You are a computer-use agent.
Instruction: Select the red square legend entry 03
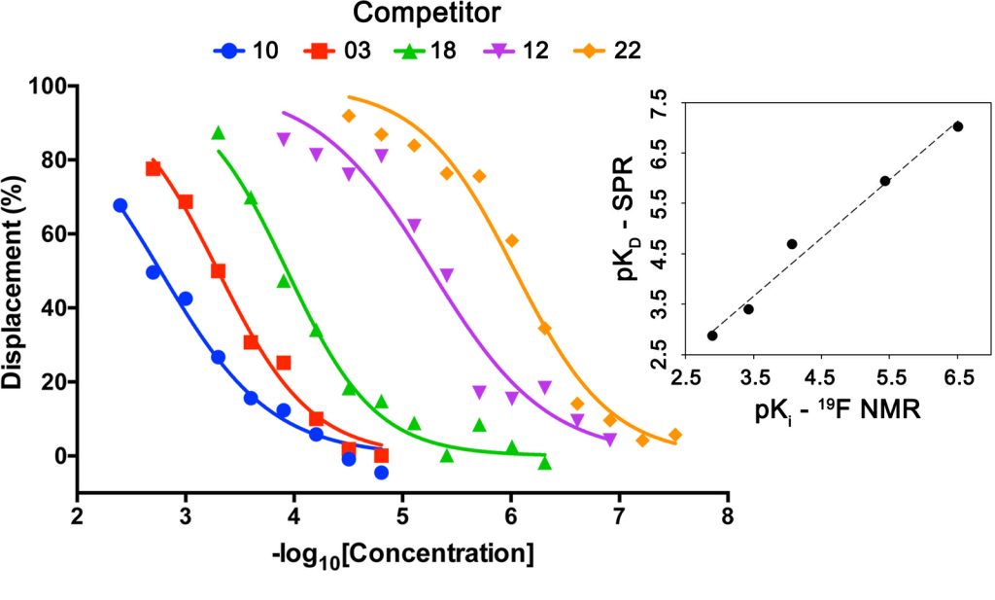coord(340,50)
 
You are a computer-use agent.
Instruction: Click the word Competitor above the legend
coord(428,14)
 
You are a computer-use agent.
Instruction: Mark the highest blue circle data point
coord(120,205)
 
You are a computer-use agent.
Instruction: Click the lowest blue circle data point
coord(381,473)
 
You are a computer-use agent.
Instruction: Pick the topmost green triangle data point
coord(218,133)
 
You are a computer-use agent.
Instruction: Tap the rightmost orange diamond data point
coord(674,435)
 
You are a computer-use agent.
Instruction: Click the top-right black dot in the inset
coord(958,126)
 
